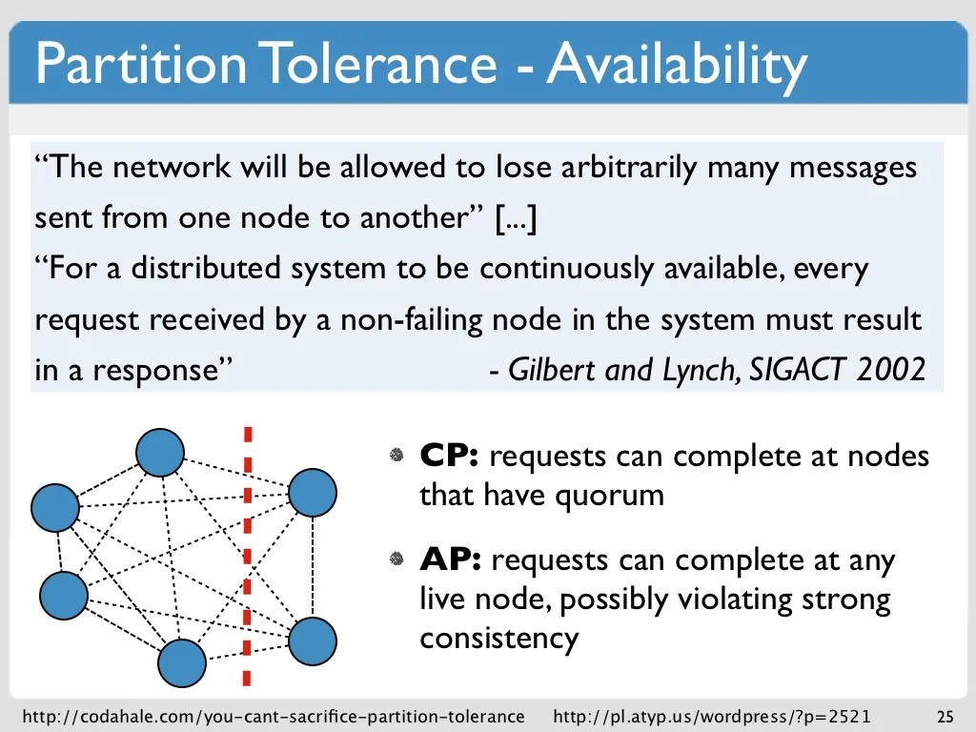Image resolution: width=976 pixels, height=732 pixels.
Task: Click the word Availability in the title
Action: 677,63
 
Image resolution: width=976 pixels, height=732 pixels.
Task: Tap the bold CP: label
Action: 449,457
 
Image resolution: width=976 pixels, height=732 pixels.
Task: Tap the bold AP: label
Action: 450,560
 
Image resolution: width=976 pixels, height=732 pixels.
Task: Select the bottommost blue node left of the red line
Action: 182,663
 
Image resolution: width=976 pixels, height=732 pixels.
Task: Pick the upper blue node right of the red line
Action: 312,493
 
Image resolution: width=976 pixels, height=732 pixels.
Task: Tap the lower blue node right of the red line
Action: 312,641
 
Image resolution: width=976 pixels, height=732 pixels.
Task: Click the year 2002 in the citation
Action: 890,371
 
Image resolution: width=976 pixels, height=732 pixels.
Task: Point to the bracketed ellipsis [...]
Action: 516,218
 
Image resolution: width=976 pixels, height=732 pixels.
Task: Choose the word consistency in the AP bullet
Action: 498,638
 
